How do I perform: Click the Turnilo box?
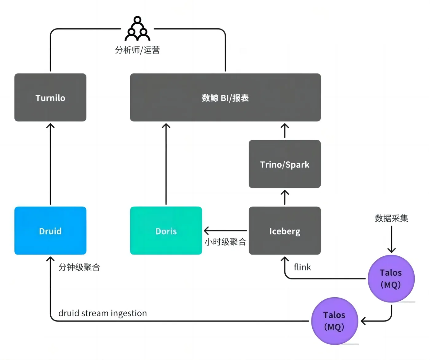(50, 97)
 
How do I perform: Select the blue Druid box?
(50, 231)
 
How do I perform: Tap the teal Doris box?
(166, 231)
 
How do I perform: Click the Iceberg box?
(285, 231)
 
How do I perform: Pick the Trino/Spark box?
(285, 164)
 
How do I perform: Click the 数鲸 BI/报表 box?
(225, 97)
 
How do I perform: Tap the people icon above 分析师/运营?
(137, 29)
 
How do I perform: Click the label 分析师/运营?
(137, 50)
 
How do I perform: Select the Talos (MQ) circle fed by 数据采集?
(391, 279)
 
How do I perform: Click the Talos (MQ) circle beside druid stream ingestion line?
(334, 321)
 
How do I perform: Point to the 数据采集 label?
(391, 218)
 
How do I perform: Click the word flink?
(302, 267)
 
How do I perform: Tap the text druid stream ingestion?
(103, 313)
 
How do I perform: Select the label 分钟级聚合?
(79, 267)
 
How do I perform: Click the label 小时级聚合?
(225, 242)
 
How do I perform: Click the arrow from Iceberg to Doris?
(225, 230)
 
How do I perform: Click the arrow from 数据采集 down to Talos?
(391, 240)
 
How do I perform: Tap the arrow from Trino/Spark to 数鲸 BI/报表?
(285, 131)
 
